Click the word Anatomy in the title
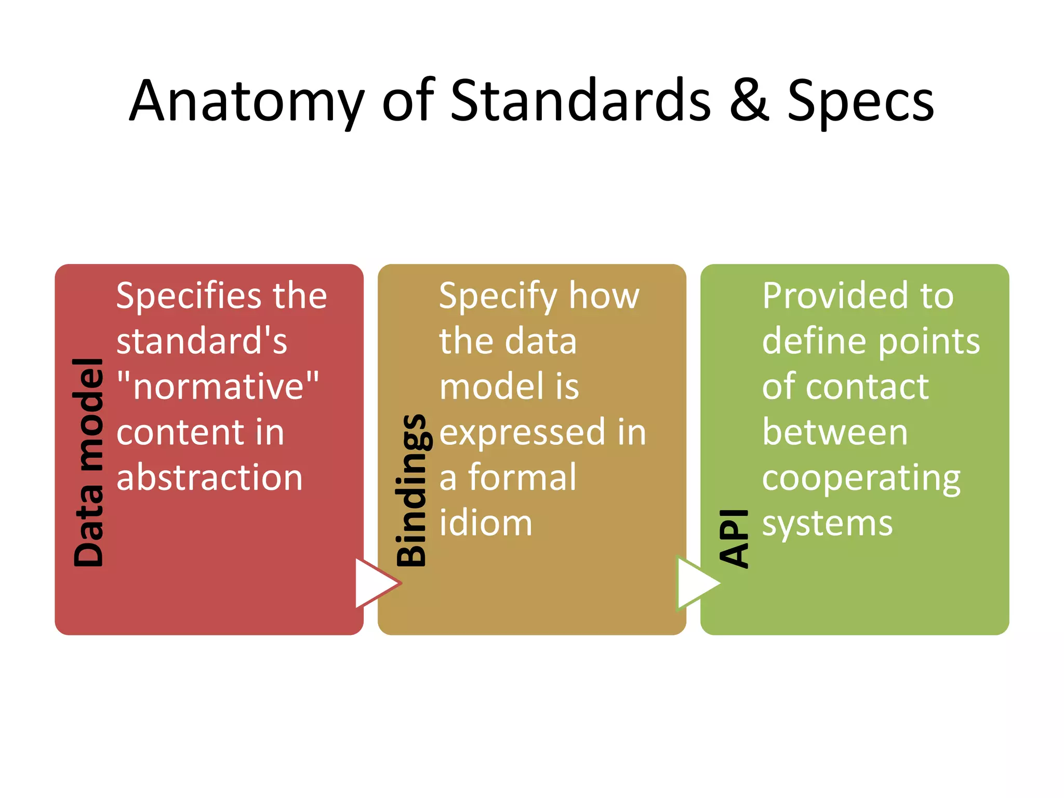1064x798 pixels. (246, 101)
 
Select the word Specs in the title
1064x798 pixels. (860, 101)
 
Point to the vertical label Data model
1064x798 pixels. (88, 462)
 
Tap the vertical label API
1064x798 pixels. (734, 538)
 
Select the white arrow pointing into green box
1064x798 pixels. (696, 583)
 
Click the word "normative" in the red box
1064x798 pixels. (218, 387)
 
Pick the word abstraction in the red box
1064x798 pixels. (209, 477)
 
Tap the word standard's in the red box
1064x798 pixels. (202, 341)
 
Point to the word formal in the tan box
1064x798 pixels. (522, 477)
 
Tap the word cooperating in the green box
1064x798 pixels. (861, 478)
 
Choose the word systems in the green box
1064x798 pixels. (827, 524)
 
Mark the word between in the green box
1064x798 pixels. (835, 432)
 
